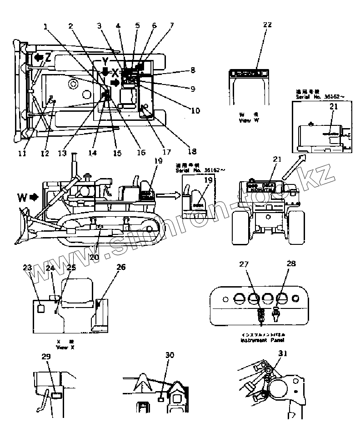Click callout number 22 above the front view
click(267, 25)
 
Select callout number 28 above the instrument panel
click(291, 263)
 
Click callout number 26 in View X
click(121, 267)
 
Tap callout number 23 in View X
click(28, 268)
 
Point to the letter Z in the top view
click(48, 57)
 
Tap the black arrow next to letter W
click(34, 198)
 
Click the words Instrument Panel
click(260, 339)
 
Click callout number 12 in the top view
click(44, 154)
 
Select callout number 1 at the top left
click(45, 26)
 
